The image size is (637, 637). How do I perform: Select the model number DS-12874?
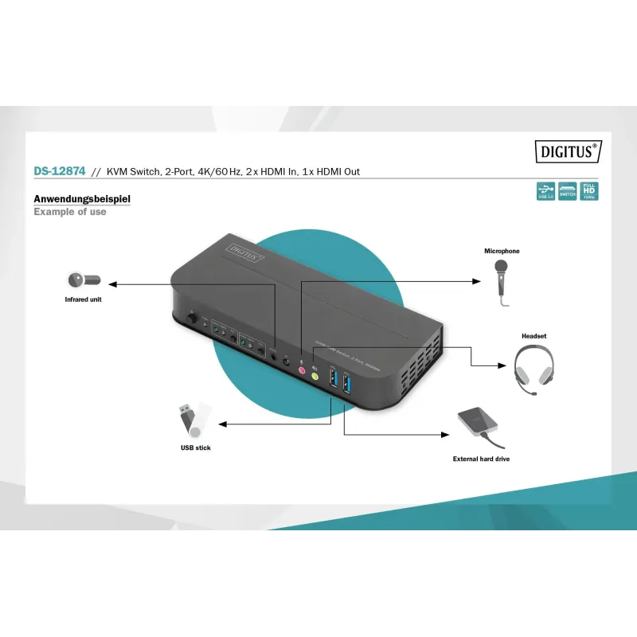(x=60, y=170)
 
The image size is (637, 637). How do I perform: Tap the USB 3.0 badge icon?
(x=545, y=191)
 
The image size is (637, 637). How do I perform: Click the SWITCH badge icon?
(x=567, y=191)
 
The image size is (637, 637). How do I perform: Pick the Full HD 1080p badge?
(x=588, y=191)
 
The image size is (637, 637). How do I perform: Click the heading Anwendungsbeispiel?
(x=81, y=198)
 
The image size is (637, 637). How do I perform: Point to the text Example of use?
(x=70, y=212)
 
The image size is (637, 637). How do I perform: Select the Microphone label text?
(x=502, y=252)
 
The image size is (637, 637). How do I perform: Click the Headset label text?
(x=533, y=336)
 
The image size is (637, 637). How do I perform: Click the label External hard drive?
(x=481, y=459)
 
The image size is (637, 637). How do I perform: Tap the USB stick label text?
(x=195, y=448)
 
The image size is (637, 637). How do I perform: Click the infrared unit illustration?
(x=83, y=280)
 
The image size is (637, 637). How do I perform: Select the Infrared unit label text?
(x=84, y=300)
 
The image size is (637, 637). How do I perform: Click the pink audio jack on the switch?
(x=302, y=369)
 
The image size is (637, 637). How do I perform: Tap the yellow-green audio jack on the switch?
(x=315, y=375)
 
